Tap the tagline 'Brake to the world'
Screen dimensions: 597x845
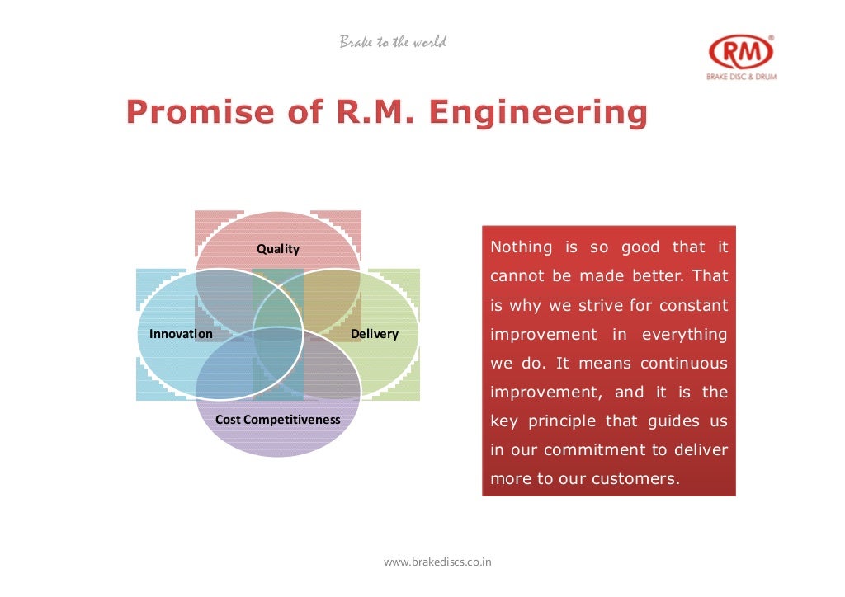pyautogui.click(x=393, y=42)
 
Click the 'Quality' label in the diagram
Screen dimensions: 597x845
pyautogui.click(x=278, y=249)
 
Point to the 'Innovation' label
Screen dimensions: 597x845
pyautogui.click(x=181, y=334)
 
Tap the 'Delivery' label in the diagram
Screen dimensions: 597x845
pyautogui.click(x=375, y=334)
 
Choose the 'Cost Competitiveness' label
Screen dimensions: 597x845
pyautogui.click(x=278, y=420)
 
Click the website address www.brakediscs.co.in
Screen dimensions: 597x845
pyautogui.click(x=438, y=562)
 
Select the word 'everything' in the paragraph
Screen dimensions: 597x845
pyautogui.click(x=684, y=335)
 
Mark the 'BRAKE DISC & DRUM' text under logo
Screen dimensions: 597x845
pyautogui.click(x=741, y=77)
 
